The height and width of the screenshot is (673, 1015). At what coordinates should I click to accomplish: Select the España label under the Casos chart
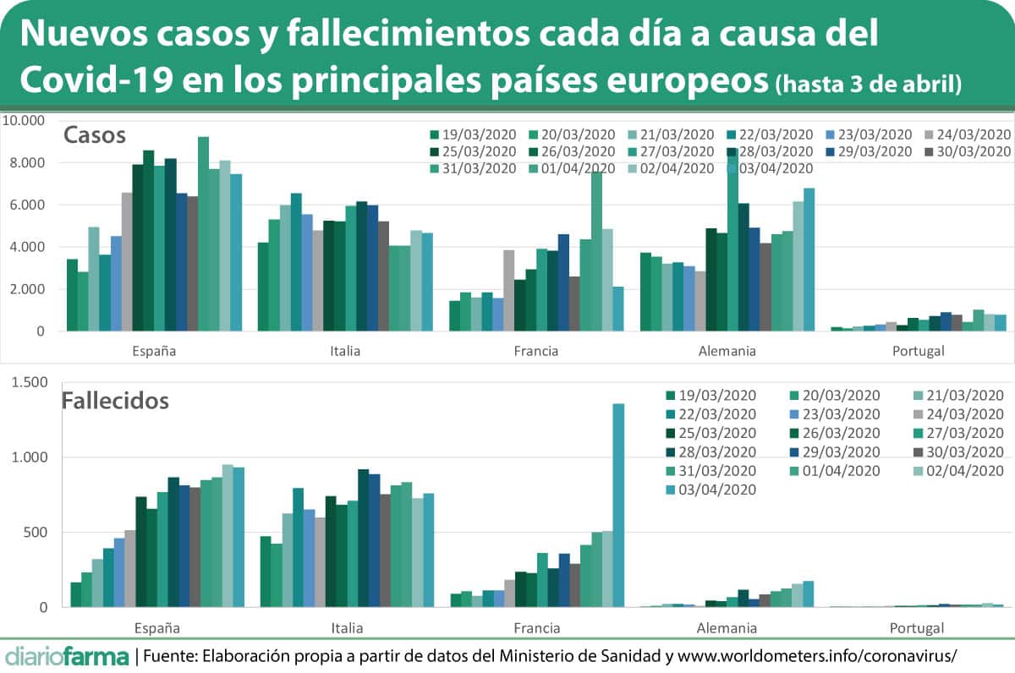(x=155, y=351)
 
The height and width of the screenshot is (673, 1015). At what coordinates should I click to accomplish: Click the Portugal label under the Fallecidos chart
(x=917, y=628)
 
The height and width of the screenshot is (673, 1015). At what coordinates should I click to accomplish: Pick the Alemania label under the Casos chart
(x=727, y=351)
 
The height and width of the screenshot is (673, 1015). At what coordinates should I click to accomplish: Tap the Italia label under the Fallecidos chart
(x=347, y=628)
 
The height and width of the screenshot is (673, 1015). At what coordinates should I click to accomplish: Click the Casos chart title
(x=95, y=135)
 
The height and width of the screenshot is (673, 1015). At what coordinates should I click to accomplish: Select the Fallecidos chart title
(x=115, y=400)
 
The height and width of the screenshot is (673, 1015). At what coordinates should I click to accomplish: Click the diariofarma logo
(x=67, y=656)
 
